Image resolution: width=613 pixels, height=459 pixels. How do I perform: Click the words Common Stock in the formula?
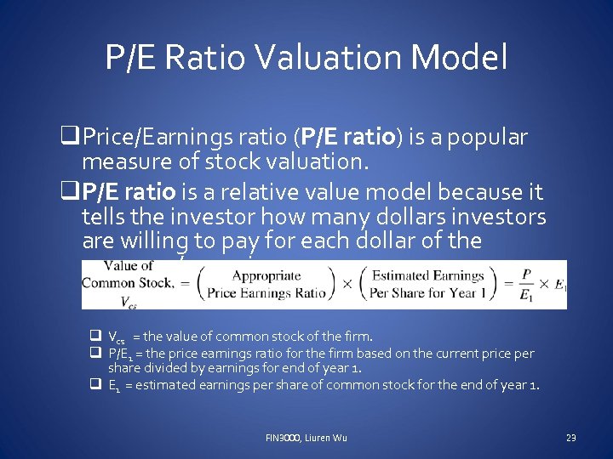click(x=127, y=282)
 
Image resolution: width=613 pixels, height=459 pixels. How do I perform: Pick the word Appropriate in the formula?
click(x=266, y=275)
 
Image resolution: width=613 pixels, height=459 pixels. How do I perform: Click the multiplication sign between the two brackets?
click(x=347, y=283)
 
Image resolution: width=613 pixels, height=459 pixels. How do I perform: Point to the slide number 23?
click(x=570, y=438)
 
